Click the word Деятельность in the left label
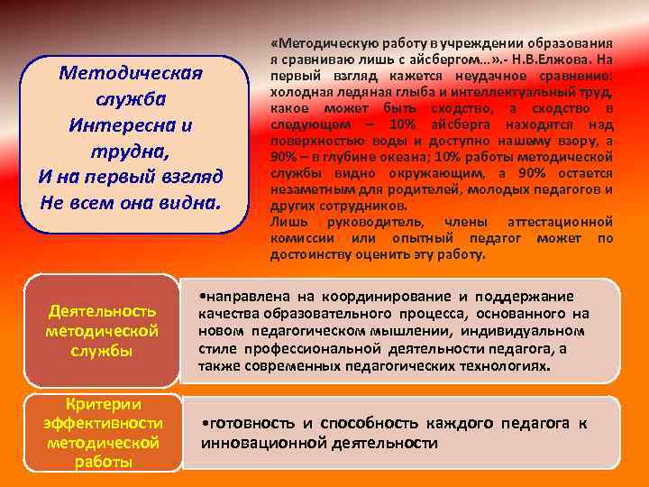[102, 311]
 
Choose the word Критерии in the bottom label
[102, 404]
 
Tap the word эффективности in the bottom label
[102, 423]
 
